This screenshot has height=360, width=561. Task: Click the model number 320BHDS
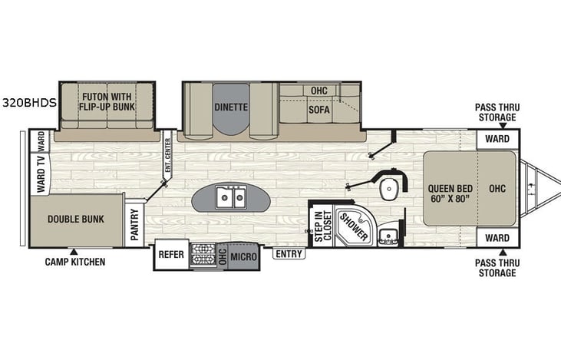tap(29, 101)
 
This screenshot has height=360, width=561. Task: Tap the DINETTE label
tap(230, 107)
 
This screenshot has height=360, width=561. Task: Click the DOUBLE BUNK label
tap(75, 219)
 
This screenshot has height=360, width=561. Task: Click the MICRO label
tap(243, 256)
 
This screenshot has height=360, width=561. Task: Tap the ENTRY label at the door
tap(289, 254)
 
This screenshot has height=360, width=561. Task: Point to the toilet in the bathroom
tap(393, 185)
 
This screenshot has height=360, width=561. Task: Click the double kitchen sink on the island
tap(229, 198)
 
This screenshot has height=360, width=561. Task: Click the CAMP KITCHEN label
tap(74, 262)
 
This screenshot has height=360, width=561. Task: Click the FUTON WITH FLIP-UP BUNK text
tap(108, 102)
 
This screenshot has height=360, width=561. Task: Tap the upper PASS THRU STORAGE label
tap(494, 114)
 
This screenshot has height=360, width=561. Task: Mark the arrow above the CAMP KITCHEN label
tap(74, 251)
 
